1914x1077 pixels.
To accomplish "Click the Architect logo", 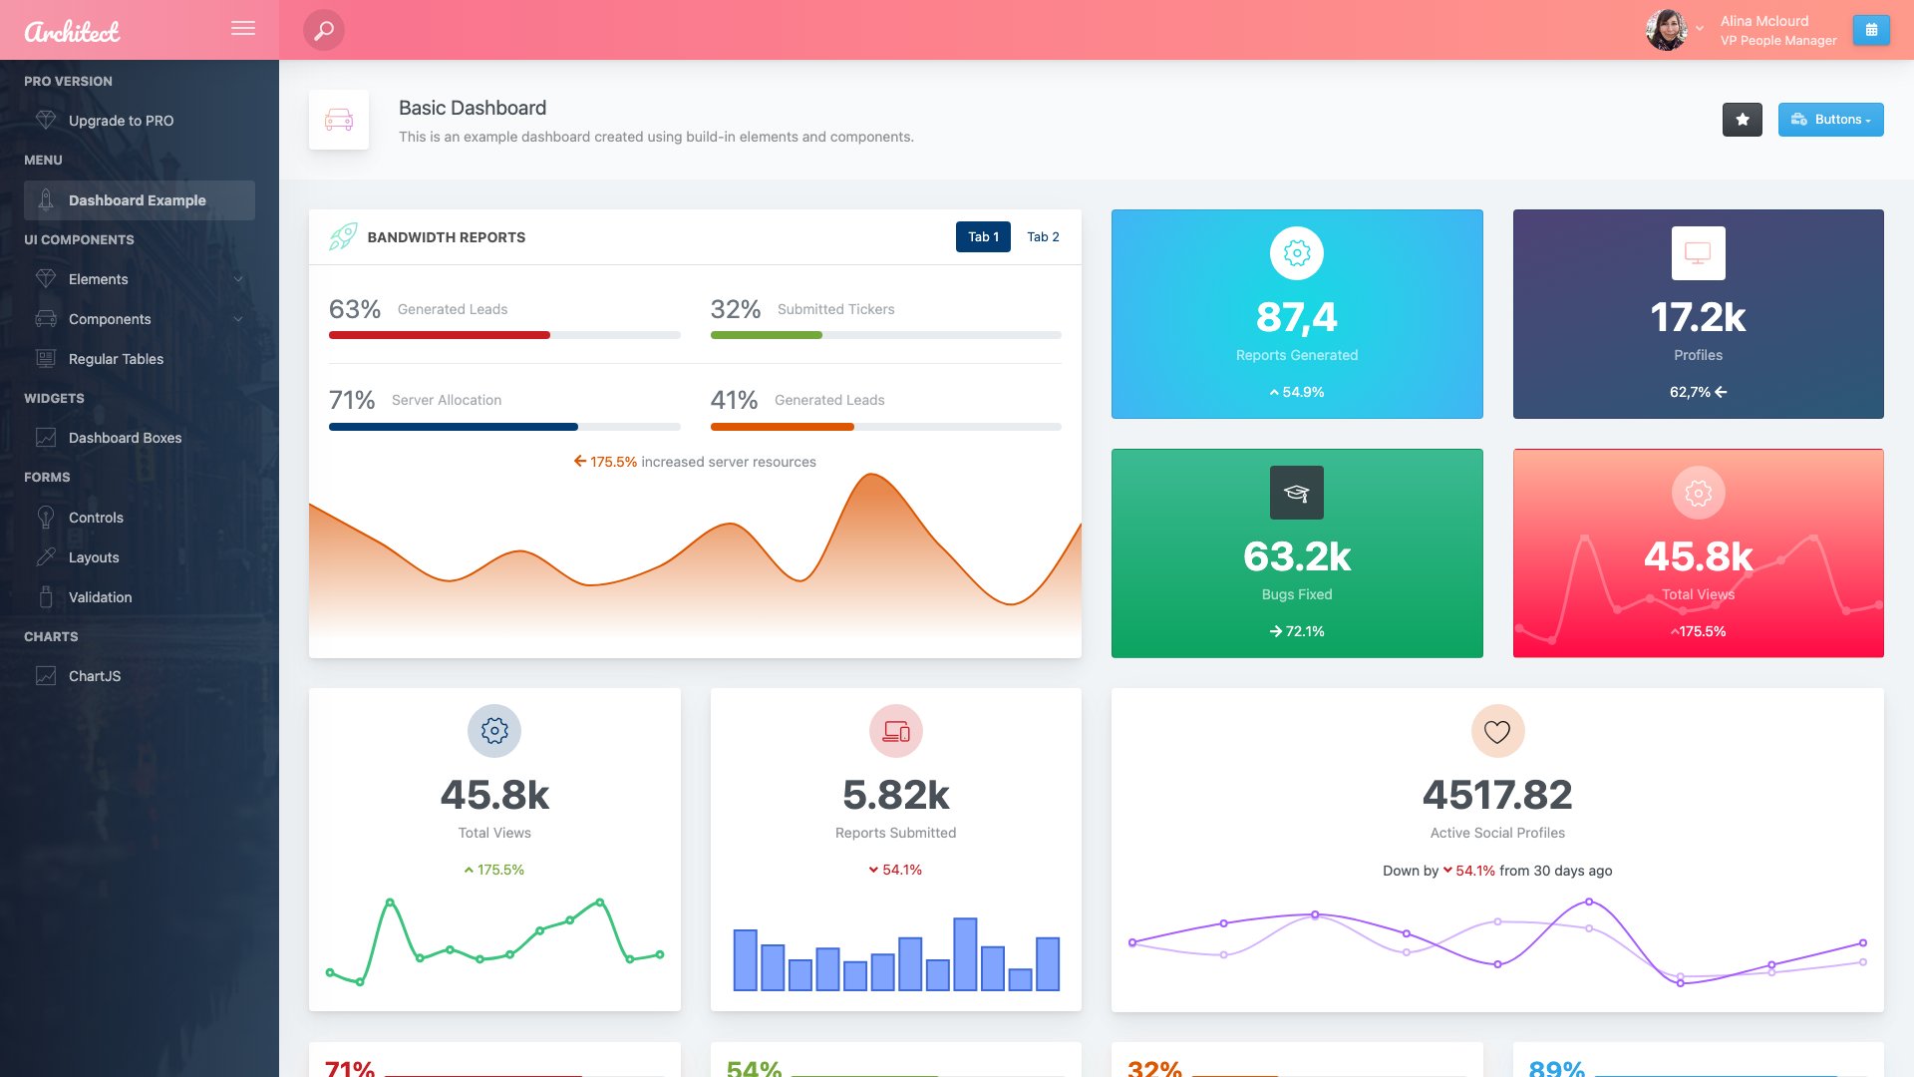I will click(72, 32).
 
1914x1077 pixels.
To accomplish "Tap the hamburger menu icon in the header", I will click(243, 29).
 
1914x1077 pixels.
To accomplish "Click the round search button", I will click(324, 30).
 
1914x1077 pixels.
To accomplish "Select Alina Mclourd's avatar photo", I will click(1666, 30).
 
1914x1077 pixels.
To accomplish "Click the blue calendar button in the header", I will click(1871, 30).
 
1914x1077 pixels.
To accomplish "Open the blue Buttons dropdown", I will click(1830, 120).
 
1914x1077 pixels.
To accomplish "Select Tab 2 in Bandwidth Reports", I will click(1043, 237).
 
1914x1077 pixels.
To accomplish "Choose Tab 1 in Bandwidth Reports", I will click(983, 237).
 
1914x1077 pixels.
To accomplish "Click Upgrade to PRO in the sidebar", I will click(121, 121).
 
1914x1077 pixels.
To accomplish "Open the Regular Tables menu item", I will click(116, 359).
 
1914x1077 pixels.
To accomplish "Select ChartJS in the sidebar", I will click(95, 676).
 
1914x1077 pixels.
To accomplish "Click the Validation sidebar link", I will click(100, 597).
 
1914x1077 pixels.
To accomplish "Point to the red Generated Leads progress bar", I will click(440, 335).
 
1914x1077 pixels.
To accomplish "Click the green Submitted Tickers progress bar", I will click(766, 335).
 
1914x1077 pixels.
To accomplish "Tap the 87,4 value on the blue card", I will click(1296, 317).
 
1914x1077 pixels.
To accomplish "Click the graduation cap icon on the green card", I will click(1296, 493).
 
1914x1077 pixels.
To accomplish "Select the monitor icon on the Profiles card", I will click(1698, 253).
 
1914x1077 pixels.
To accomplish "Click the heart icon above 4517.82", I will click(1497, 731).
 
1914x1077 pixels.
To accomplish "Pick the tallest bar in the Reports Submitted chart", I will click(965, 953).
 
